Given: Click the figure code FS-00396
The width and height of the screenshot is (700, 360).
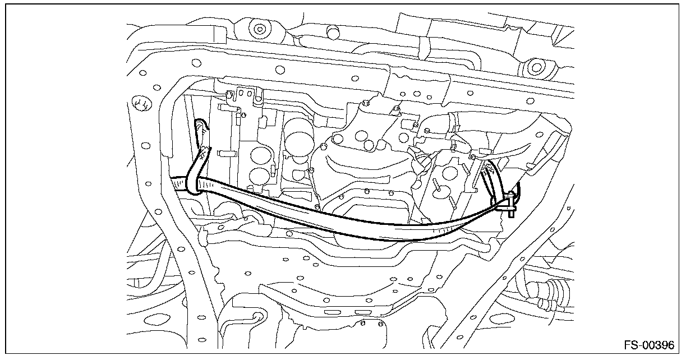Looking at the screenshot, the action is (649, 345).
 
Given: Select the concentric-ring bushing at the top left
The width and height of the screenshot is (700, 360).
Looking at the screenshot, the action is (259, 29).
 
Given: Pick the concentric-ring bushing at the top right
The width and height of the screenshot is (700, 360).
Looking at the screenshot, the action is (537, 67).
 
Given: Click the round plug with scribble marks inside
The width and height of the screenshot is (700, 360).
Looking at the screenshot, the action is (141, 103).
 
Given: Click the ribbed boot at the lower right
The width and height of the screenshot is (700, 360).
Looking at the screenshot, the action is (550, 294).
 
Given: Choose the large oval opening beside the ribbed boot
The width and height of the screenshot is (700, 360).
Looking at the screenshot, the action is (500, 319).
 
